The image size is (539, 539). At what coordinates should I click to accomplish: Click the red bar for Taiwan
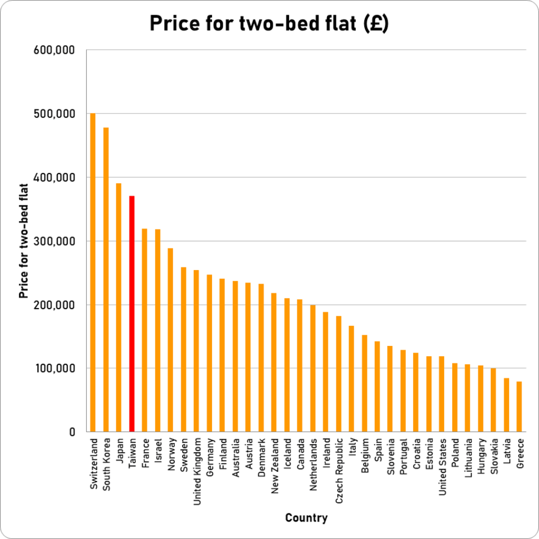[132, 314]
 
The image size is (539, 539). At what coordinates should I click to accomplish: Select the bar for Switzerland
[93, 273]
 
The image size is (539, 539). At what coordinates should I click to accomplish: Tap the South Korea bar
[106, 280]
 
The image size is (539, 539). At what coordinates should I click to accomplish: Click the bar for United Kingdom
[196, 351]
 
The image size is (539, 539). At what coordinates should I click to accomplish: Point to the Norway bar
[171, 340]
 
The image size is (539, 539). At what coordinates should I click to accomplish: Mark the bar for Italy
[351, 379]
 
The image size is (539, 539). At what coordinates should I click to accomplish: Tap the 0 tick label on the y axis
[73, 432]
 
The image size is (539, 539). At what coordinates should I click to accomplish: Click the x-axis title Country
[306, 518]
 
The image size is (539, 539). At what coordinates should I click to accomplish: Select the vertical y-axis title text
[23, 241]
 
